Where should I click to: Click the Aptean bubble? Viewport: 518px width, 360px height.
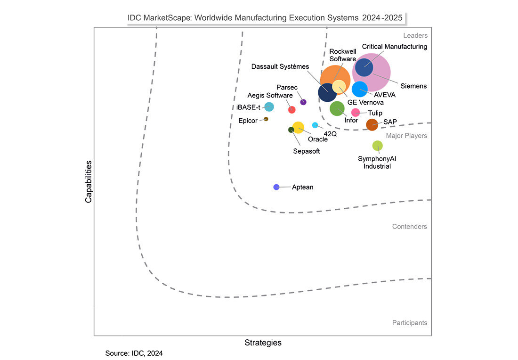pos(276,187)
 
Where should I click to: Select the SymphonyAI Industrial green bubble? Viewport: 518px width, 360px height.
pos(377,146)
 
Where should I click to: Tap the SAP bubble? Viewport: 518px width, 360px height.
pos(372,124)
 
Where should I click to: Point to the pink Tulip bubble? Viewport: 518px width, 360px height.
pos(356,112)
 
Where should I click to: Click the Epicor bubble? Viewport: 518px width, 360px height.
pos(266,119)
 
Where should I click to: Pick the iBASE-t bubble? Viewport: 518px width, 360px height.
pos(269,106)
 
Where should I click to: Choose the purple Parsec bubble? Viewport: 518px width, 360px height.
pos(303,102)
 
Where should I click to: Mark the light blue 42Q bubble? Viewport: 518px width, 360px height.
pos(315,125)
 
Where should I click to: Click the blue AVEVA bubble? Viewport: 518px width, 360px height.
pos(360,89)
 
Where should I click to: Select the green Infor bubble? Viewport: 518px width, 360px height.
pos(337,108)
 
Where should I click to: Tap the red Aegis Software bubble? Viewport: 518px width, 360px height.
pos(291,110)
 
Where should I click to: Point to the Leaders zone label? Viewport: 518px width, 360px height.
pos(415,35)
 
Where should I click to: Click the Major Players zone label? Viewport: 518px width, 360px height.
pos(406,136)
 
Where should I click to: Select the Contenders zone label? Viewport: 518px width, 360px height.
pos(409,227)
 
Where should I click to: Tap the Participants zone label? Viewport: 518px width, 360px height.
pos(409,323)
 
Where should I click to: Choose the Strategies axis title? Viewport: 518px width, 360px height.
pos(263,343)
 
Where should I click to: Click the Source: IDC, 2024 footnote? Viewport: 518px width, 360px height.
pos(134,352)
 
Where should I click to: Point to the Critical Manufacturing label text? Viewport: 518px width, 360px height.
pos(394,47)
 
